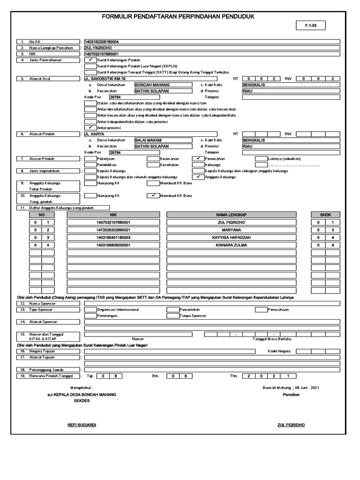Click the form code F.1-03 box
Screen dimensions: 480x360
(311, 26)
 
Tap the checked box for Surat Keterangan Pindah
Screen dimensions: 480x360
(90, 60)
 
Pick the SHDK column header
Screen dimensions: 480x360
(326, 214)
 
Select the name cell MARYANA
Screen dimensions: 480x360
(232, 230)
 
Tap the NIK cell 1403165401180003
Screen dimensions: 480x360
(113, 238)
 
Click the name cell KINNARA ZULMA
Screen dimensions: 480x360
(232, 245)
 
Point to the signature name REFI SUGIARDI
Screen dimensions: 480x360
(82, 425)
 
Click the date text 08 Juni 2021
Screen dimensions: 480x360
(307, 388)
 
